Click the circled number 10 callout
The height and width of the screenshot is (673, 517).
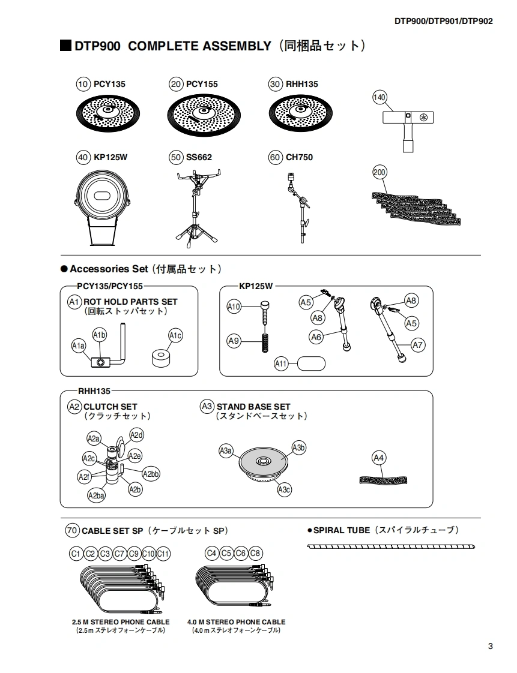tap(83, 85)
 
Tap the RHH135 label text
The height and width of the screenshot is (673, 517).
tap(301, 85)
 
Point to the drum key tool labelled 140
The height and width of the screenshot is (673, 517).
tap(409, 123)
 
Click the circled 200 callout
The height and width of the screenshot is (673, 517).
tap(379, 172)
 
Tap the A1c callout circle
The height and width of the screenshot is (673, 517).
tap(175, 336)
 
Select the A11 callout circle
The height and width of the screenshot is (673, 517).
tap(282, 363)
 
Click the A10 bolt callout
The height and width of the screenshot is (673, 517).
tap(234, 307)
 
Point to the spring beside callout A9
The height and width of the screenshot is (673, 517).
tap(263, 342)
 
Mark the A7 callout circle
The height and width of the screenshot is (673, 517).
tap(418, 345)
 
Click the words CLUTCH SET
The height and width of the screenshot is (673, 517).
tap(110, 406)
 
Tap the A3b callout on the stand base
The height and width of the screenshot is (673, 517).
tap(299, 447)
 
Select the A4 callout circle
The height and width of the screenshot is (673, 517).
tap(378, 458)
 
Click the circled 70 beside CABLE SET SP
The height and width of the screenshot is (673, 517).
tap(72, 530)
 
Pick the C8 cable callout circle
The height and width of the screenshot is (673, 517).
tap(255, 553)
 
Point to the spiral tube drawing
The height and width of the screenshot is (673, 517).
tap(392, 546)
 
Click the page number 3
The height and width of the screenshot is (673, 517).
tap(491, 646)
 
